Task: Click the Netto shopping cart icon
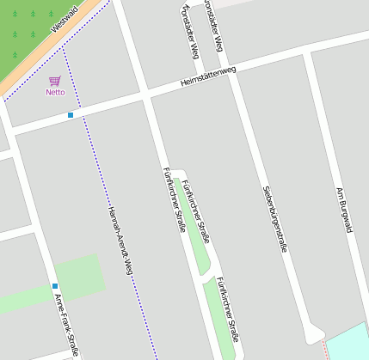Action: pyautogui.click(x=55, y=81)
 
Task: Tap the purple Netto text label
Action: pyautogui.click(x=55, y=92)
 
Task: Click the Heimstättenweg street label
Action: pyautogui.click(x=207, y=76)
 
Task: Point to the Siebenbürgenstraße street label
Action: pyautogui.click(x=275, y=218)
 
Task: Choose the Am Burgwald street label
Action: pyautogui.click(x=344, y=210)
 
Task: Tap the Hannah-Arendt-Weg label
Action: pyautogui.click(x=120, y=241)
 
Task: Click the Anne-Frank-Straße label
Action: pyautogui.click(x=67, y=324)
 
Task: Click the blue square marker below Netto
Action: pyautogui.click(x=71, y=114)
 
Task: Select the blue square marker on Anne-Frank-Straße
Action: pyautogui.click(x=55, y=286)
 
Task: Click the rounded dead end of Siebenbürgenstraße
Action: pyautogui.click(x=314, y=335)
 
